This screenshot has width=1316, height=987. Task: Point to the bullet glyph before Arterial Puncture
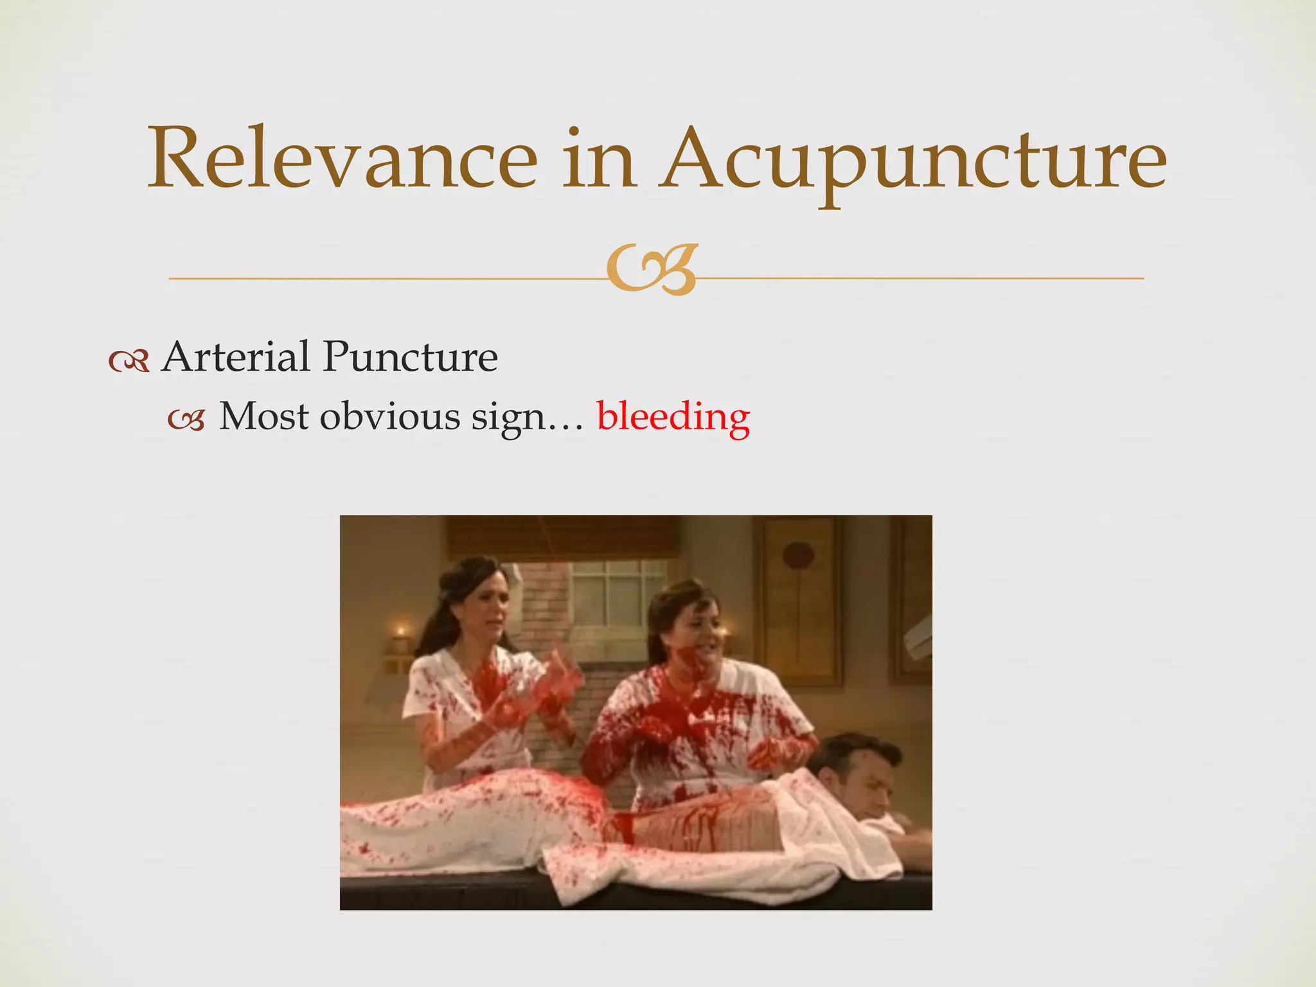(x=129, y=361)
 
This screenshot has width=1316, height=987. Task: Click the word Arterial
(x=235, y=357)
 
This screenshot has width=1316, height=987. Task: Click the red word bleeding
(x=673, y=416)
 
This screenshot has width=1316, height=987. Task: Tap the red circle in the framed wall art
(x=799, y=555)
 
